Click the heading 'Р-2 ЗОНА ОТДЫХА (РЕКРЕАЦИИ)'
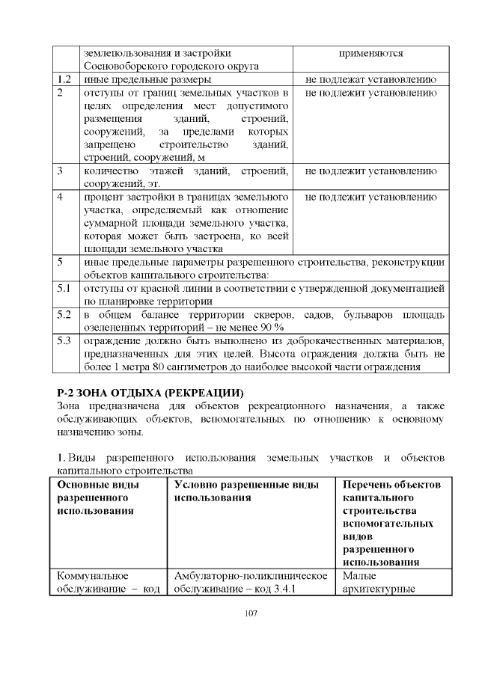pos(150,393)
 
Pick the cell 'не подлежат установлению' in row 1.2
pos(370,79)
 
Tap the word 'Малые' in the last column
pos(359,576)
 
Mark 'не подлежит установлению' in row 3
pos(370,171)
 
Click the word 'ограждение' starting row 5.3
pos(113,341)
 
